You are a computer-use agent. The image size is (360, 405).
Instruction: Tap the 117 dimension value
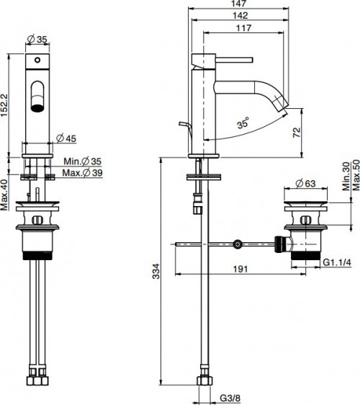click(246, 28)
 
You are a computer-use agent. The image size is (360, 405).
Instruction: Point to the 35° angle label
click(246, 125)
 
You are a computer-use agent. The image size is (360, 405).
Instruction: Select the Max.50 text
click(354, 175)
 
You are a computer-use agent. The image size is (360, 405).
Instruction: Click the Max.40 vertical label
click(4, 195)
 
